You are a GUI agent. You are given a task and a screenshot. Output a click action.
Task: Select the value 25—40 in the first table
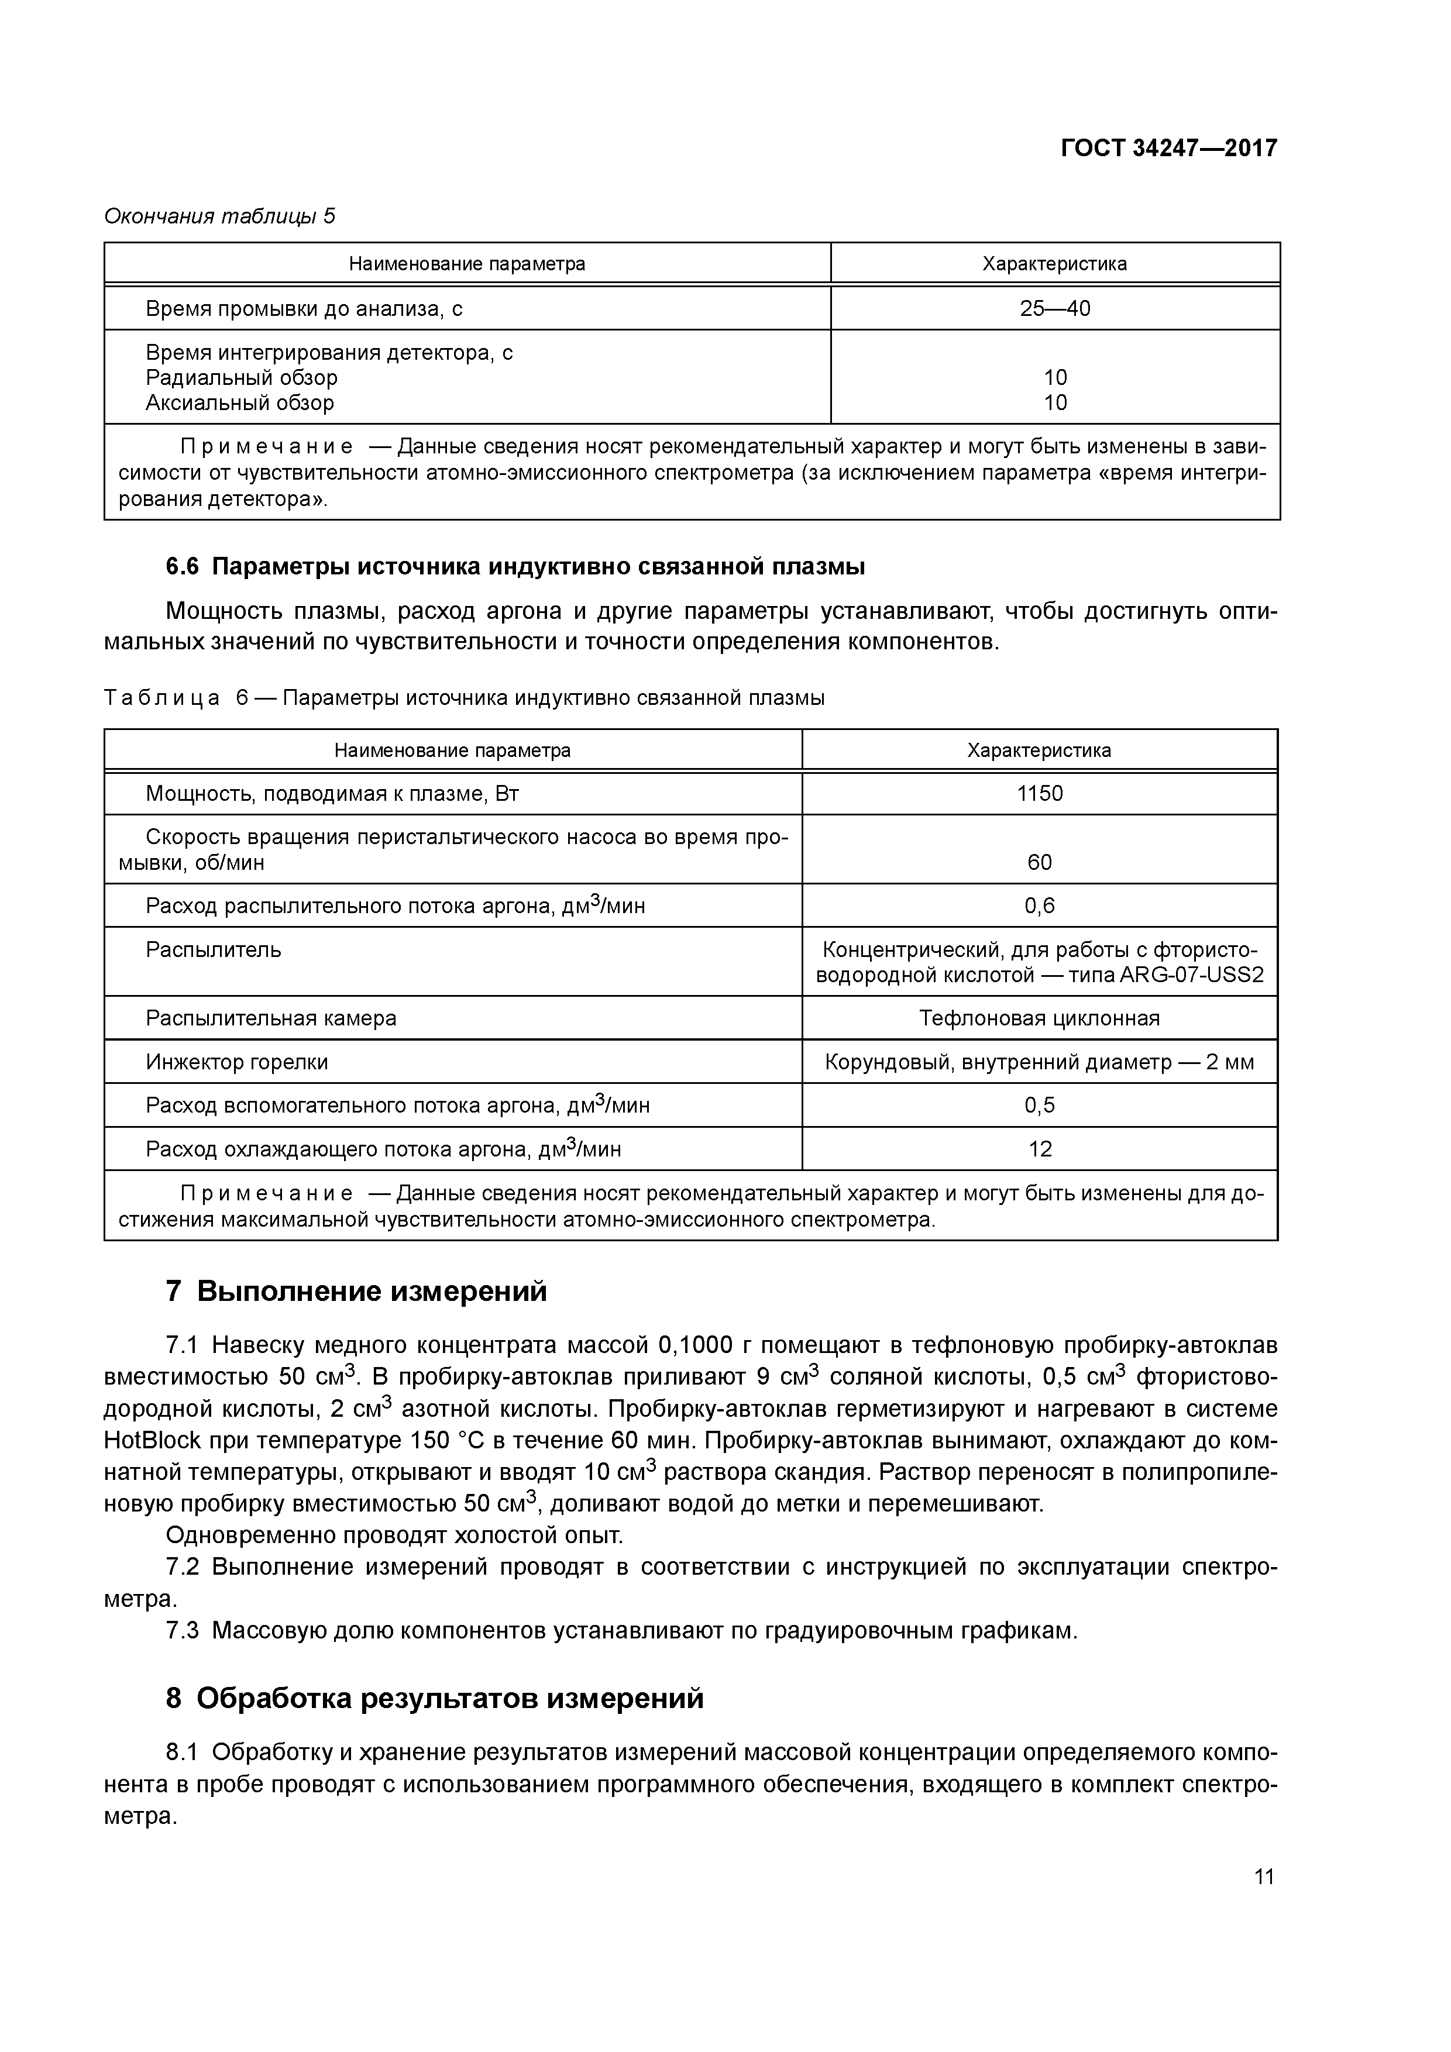pos(1054,308)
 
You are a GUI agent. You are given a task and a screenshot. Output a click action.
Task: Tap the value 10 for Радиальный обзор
pos(1055,377)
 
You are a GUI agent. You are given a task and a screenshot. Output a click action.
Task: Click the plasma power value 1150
pos(1039,794)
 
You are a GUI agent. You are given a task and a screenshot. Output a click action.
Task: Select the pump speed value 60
pos(1039,862)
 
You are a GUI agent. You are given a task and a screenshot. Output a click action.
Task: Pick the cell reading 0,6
pos(1039,906)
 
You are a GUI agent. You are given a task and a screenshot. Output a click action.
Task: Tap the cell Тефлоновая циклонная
pos(1039,1018)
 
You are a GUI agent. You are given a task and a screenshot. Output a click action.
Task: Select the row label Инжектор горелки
pos(237,1062)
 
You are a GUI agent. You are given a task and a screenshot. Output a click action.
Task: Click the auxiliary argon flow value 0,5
pos(1039,1106)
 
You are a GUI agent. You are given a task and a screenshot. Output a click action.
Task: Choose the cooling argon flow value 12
pos(1039,1149)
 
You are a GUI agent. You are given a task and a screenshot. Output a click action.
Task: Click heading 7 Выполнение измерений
pos(356,1292)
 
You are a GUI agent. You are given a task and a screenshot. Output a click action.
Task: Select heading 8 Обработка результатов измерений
pos(435,1698)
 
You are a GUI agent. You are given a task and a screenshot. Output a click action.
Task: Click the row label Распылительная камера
pos(271,1018)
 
